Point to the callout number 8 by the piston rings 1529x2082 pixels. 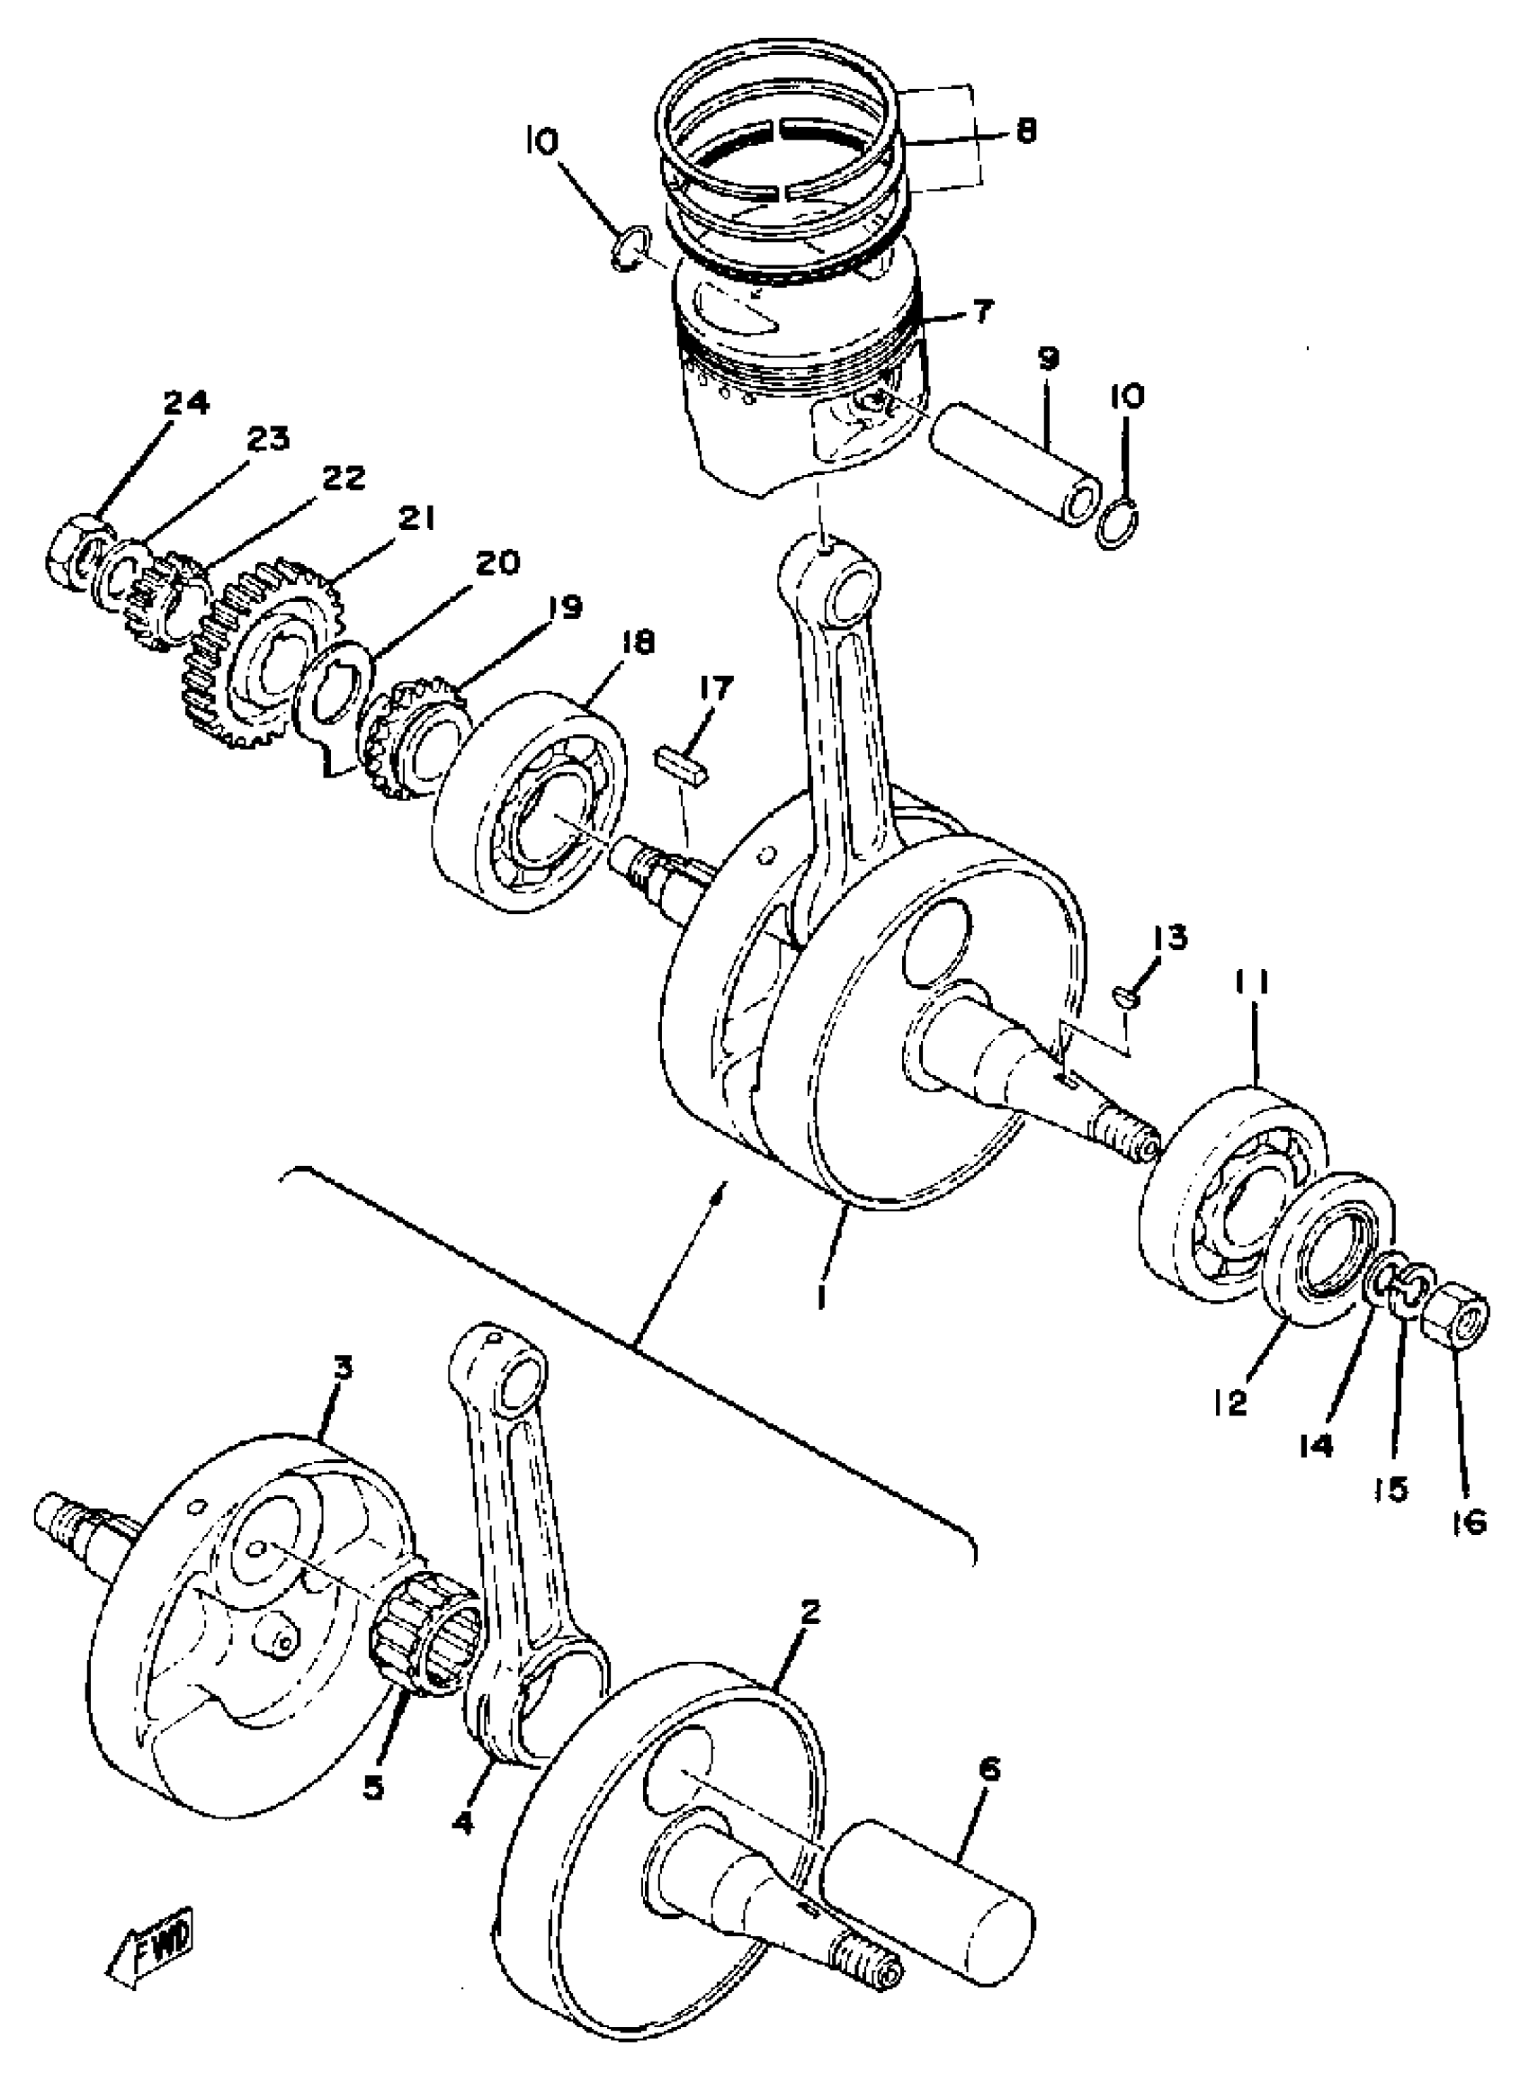pos(1024,130)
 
